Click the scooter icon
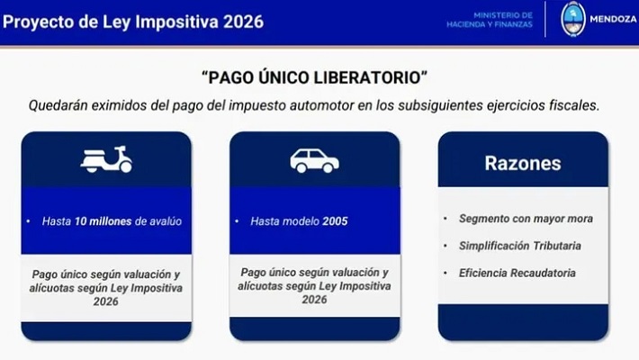106,159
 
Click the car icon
314,160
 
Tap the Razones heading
522,163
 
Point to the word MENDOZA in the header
612,19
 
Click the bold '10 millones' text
111,220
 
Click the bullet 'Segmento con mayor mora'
526,219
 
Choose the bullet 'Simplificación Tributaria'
519,246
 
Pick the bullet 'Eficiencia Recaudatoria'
517,273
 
